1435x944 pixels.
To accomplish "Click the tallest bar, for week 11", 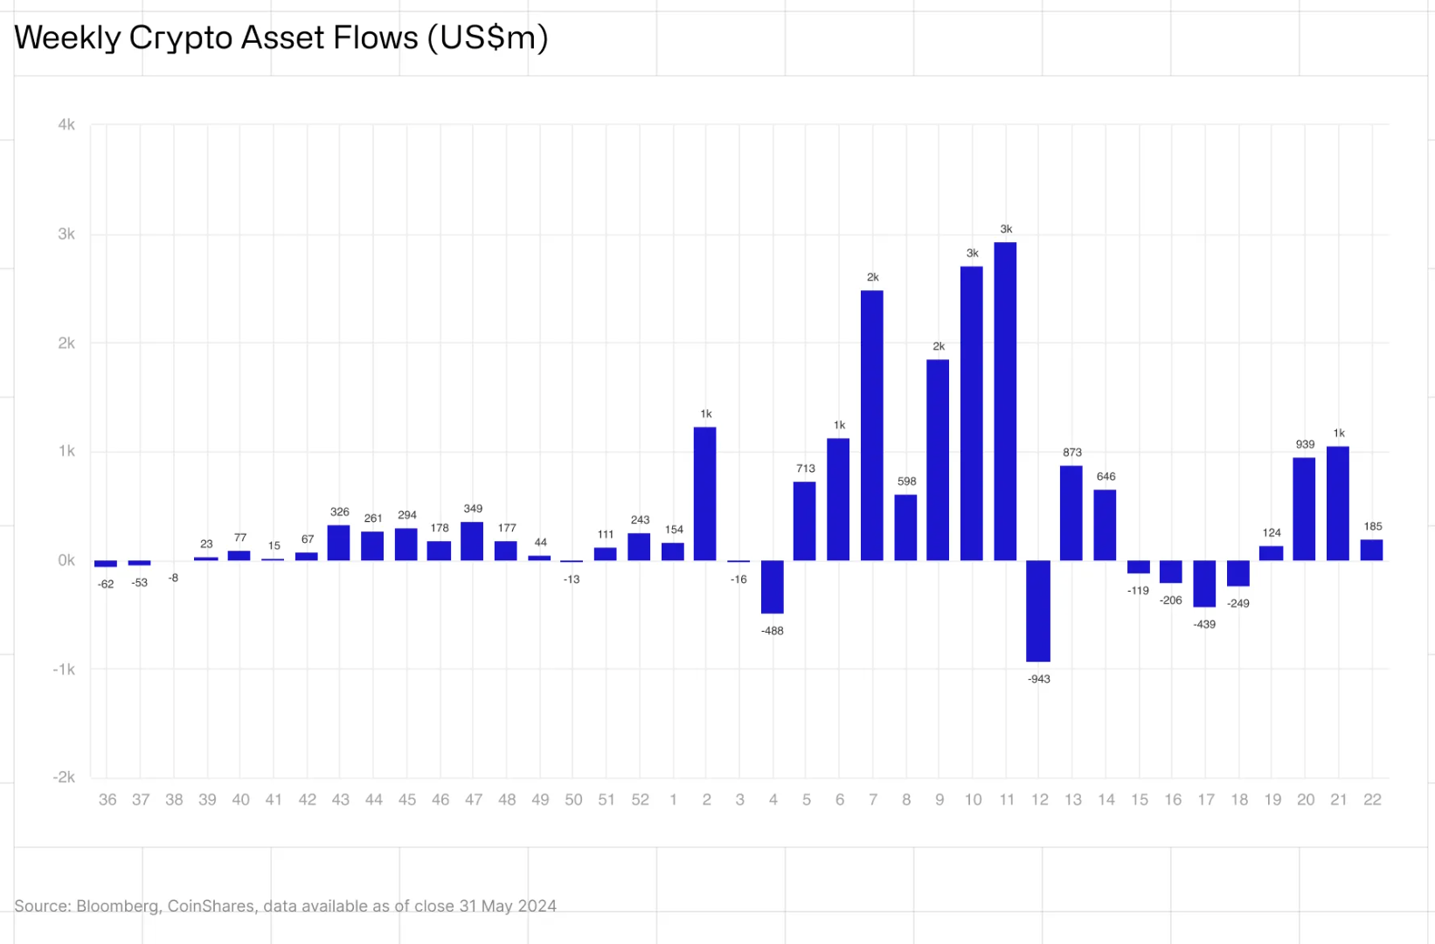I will point(1005,402).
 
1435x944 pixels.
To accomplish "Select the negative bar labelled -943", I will point(1038,611).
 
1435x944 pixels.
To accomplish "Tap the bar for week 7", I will point(872,426).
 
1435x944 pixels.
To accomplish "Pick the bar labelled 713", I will point(805,521).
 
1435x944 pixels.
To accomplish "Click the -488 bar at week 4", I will point(773,587).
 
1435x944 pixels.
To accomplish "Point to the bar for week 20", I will point(1305,509).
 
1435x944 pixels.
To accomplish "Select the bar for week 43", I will point(339,543).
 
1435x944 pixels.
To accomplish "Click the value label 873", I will point(1072,453).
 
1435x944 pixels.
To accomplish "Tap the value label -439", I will point(1204,624).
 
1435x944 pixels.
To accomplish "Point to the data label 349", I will point(473,509).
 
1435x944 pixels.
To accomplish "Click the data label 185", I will point(1373,526).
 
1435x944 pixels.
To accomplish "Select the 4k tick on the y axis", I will point(66,125).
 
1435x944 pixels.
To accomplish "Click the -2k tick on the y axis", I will point(64,777).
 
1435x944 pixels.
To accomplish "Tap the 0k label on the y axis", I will point(66,560).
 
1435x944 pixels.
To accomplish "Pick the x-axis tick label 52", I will point(640,800).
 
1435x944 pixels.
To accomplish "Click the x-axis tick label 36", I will point(107,800).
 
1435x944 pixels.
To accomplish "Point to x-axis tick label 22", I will point(1372,800).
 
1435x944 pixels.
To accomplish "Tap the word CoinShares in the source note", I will point(211,906).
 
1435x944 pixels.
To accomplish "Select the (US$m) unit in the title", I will point(488,38).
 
